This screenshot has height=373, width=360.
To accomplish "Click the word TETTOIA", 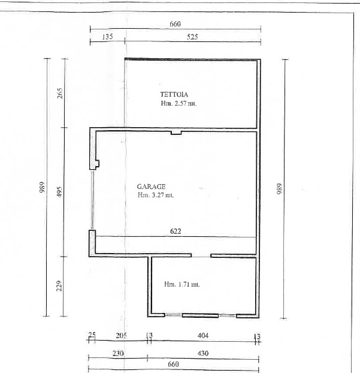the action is pyautogui.click(x=174, y=94).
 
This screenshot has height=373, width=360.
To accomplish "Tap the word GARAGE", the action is pyautogui.click(x=151, y=186).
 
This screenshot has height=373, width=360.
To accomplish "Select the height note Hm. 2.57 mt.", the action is pyautogui.click(x=179, y=103).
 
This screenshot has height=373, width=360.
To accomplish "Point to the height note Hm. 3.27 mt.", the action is pyautogui.click(x=155, y=195).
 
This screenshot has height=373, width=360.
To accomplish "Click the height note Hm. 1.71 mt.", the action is pyautogui.click(x=181, y=284).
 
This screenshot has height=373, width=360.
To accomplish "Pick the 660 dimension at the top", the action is pyautogui.click(x=175, y=24).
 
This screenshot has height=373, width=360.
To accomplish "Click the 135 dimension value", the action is pyautogui.click(x=107, y=37).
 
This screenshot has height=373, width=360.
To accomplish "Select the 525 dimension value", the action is pyautogui.click(x=192, y=37).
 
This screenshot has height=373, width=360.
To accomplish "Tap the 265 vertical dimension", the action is pyautogui.click(x=60, y=94).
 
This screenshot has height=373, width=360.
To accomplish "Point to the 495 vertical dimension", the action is pyautogui.click(x=59, y=192).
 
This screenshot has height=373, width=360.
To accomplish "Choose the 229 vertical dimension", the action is pyautogui.click(x=59, y=286).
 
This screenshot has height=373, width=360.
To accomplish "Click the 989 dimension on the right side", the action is pyautogui.click(x=280, y=189).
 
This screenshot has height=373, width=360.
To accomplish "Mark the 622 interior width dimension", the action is pyautogui.click(x=176, y=231).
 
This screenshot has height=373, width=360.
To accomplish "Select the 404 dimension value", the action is pyautogui.click(x=203, y=335).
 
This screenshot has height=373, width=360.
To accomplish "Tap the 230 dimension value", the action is pyautogui.click(x=118, y=353).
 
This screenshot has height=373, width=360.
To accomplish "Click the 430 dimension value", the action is pyautogui.click(x=203, y=353).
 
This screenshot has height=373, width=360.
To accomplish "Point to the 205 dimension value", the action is pyautogui.click(x=121, y=336).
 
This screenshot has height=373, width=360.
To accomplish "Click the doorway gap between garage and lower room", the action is pyautogui.click(x=201, y=255).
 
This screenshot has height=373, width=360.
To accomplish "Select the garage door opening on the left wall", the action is pyautogui.click(x=92, y=200).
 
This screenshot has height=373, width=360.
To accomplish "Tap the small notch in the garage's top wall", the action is pyautogui.click(x=176, y=133).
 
